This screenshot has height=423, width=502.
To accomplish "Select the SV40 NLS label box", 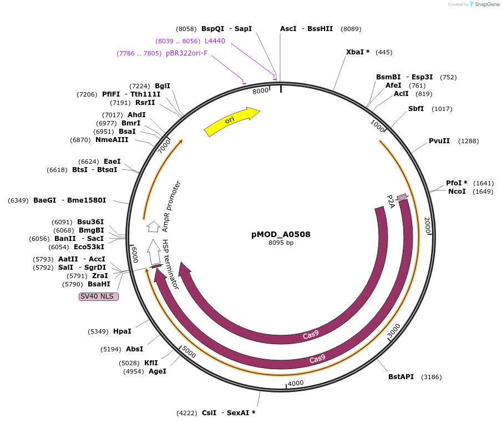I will pyautogui.click(x=99, y=296).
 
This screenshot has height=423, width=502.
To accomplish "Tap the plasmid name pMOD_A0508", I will pyautogui.click(x=281, y=234).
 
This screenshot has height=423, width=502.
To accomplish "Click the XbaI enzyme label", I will pyautogui.click(x=358, y=52).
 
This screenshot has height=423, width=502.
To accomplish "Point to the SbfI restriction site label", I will pyautogui.click(x=416, y=109).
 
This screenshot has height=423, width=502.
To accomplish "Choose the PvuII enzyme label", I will pyautogui.click(x=439, y=141).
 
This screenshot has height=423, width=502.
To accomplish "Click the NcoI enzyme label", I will pyautogui.click(x=457, y=192).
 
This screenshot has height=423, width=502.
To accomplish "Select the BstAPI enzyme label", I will pyautogui.click(x=401, y=377).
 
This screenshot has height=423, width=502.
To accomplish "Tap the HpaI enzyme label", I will pyautogui.click(x=122, y=331).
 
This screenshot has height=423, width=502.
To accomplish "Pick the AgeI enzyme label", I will pyautogui.click(x=158, y=371).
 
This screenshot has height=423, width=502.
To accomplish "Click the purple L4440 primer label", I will pyautogui.click(x=215, y=41).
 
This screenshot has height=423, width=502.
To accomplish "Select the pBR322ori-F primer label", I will pyautogui.click(x=186, y=53).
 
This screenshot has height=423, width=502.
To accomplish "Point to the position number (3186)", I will pyautogui.click(x=431, y=377).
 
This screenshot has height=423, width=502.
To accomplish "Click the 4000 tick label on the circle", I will pyautogui.click(x=296, y=383).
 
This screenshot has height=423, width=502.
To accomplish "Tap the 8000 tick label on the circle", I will pyautogui.click(x=260, y=91).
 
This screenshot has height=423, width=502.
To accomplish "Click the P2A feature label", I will pyautogui.click(x=391, y=202).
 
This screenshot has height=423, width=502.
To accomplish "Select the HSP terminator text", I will pyautogui.click(x=170, y=264).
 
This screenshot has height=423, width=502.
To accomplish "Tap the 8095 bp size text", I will pyautogui.click(x=281, y=243).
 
